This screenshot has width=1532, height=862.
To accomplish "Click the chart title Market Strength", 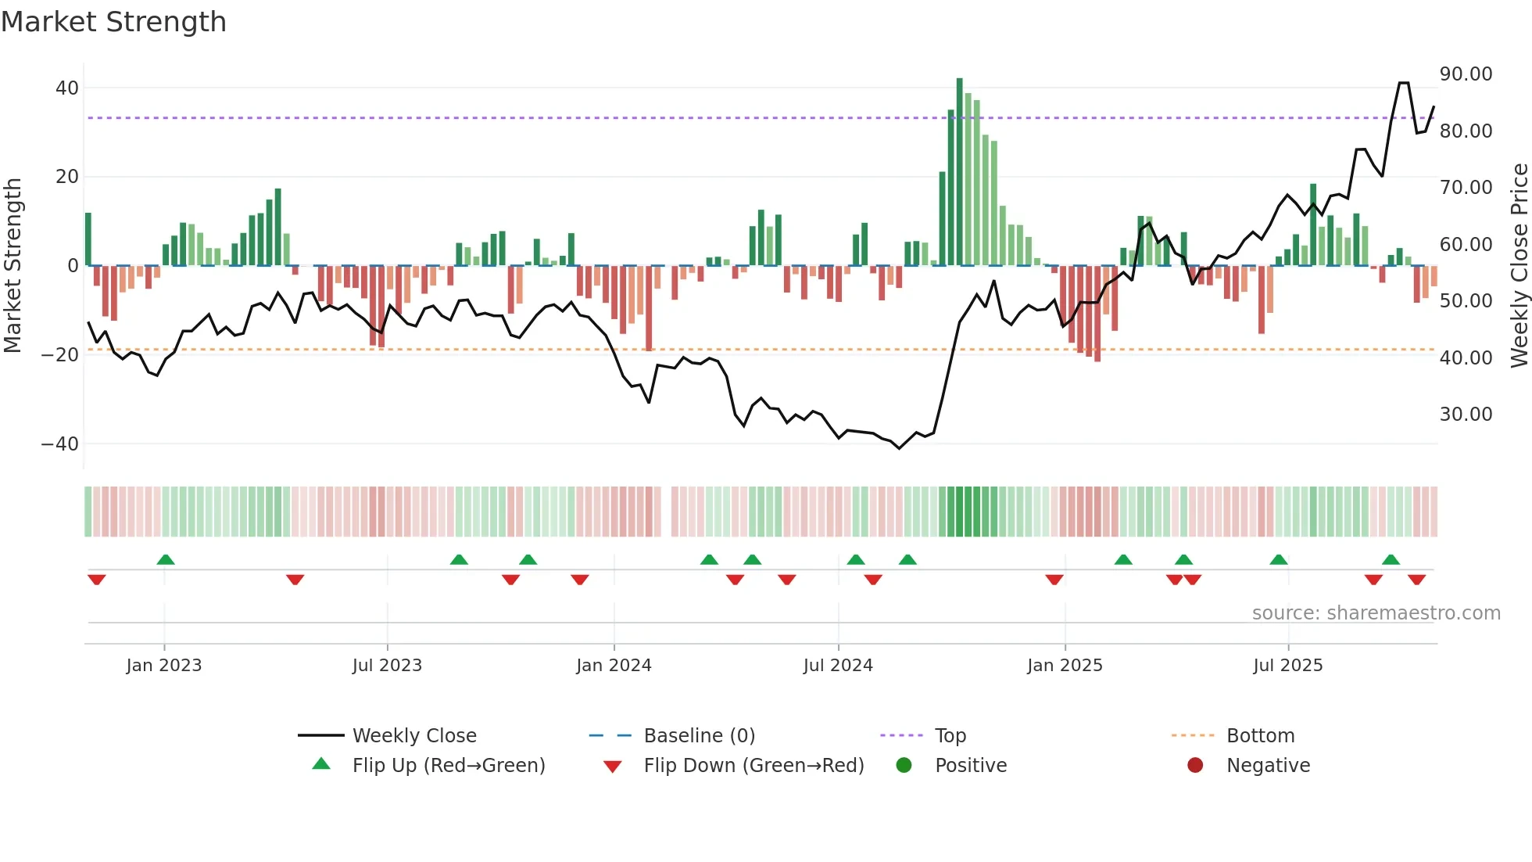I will [x=113, y=22].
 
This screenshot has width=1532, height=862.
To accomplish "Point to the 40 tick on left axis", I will [x=67, y=88].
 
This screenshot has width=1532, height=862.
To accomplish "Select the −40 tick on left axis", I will [x=60, y=444].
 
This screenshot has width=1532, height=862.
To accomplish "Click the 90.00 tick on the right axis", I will [x=1466, y=74].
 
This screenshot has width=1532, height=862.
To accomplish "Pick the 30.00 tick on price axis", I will [x=1466, y=415].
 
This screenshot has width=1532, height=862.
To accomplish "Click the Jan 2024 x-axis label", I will [x=614, y=666].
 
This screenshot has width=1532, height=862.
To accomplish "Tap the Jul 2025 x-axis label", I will [x=1287, y=666].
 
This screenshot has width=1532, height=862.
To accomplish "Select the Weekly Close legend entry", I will [x=414, y=736].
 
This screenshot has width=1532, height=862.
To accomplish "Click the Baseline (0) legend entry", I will [x=699, y=736].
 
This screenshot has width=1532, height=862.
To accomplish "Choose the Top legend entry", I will [x=950, y=736].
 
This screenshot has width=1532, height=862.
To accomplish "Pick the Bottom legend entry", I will [x=1260, y=736].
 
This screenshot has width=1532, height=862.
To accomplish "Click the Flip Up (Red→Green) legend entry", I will [x=448, y=766].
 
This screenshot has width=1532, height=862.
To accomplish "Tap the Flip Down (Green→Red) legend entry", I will [x=753, y=766].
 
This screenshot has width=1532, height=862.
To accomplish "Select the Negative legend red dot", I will [x=1195, y=765].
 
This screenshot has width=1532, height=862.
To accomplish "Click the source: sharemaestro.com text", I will [x=1376, y=613].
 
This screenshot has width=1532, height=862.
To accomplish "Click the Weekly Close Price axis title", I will [x=1519, y=266].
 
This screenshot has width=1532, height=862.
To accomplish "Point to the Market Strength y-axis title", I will [x=13, y=266].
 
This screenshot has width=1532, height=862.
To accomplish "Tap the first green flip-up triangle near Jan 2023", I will [x=165, y=559].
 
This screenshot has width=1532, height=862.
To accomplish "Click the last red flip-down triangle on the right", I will [x=1416, y=580].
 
